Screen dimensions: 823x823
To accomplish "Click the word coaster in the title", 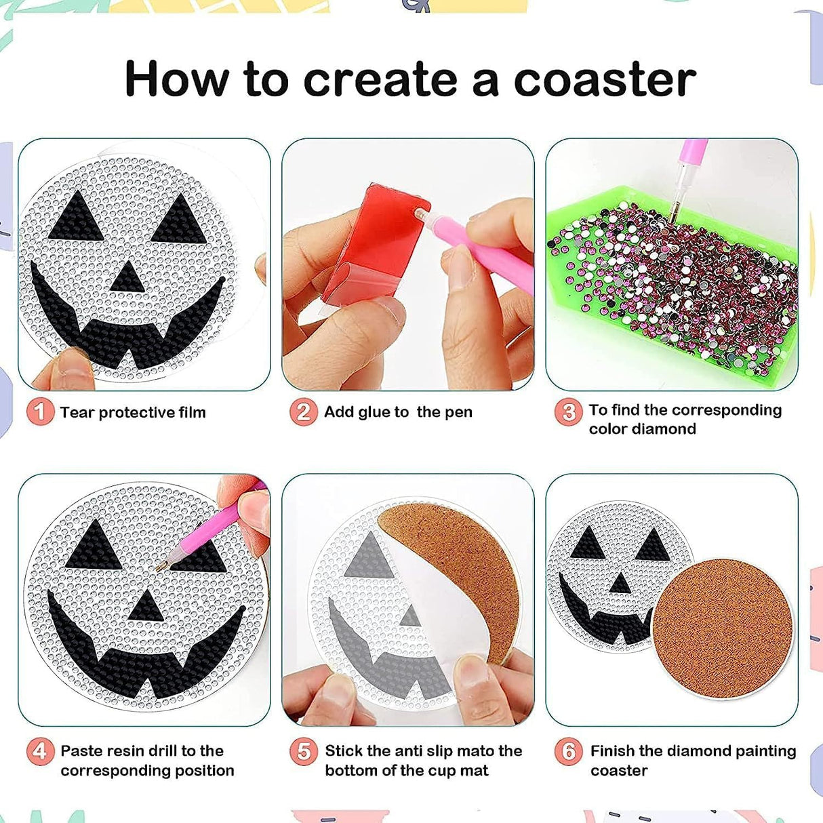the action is tap(605, 80).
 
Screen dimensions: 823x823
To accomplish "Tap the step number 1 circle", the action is tap(40, 411).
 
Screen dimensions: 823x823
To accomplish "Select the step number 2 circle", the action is tap(304, 411).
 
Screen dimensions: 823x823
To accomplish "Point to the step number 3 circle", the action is tap(569, 411).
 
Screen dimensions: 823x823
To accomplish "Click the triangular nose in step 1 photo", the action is tap(127, 277).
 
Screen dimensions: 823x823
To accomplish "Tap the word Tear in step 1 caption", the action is tap(77, 412).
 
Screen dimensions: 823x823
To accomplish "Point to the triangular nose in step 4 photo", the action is tap(146, 605).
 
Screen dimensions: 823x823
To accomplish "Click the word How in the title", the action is tap(176, 80).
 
